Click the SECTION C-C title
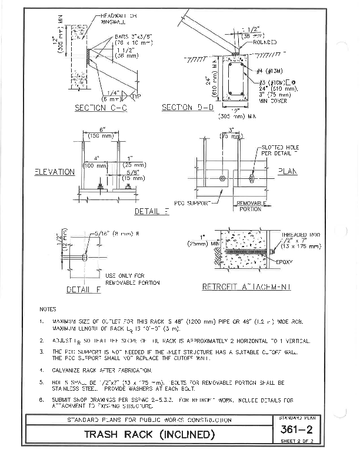[98, 108]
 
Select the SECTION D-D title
[186, 108]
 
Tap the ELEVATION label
[54, 172]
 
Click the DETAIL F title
[78, 289]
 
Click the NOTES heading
[48, 308]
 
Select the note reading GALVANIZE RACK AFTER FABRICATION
[102, 370]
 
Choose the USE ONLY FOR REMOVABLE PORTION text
[132, 279]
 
